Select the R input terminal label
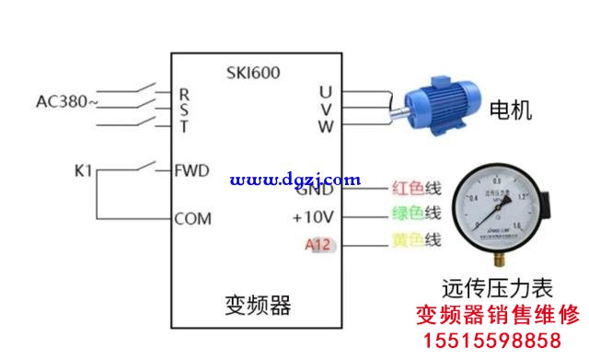184,93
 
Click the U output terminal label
325,92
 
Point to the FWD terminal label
192,170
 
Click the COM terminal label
193,219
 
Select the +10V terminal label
312,218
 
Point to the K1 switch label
84,171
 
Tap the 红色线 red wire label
417,189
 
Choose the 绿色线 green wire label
417,214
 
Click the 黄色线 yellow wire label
417,241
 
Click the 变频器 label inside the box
258,304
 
